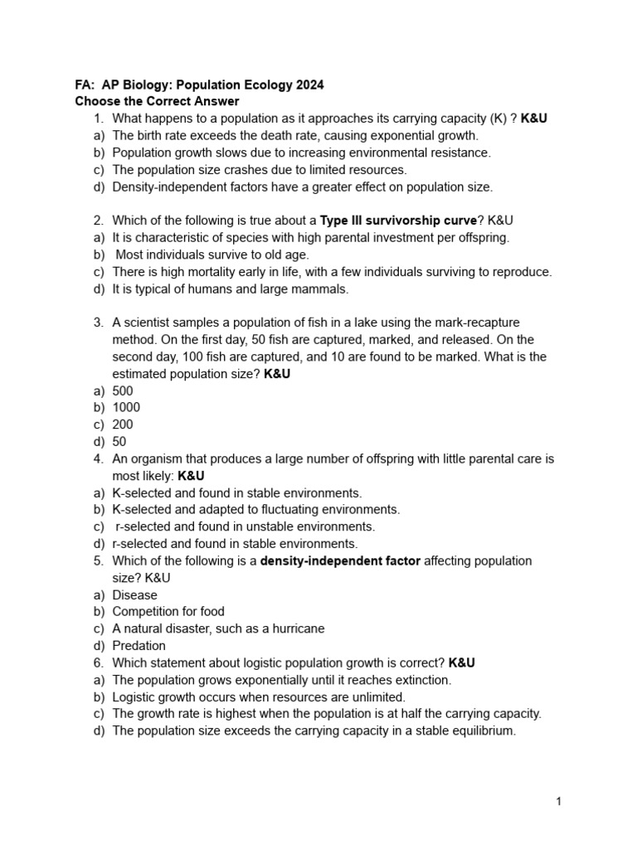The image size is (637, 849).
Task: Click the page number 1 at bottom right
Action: [x=560, y=802]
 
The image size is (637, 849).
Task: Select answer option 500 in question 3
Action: [x=123, y=391]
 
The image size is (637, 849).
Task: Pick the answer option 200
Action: [x=123, y=424]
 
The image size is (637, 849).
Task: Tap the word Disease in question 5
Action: [x=134, y=594]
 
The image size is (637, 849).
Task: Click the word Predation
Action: [x=139, y=645]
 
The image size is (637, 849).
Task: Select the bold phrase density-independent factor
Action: [x=340, y=560]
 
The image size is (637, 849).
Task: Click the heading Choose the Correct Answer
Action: [x=157, y=102]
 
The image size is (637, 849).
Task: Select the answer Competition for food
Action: [x=168, y=612]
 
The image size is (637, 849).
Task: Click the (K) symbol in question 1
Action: [x=501, y=119]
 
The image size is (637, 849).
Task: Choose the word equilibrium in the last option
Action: [x=482, y=730]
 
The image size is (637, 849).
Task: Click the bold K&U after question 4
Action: [x=191, y=476]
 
